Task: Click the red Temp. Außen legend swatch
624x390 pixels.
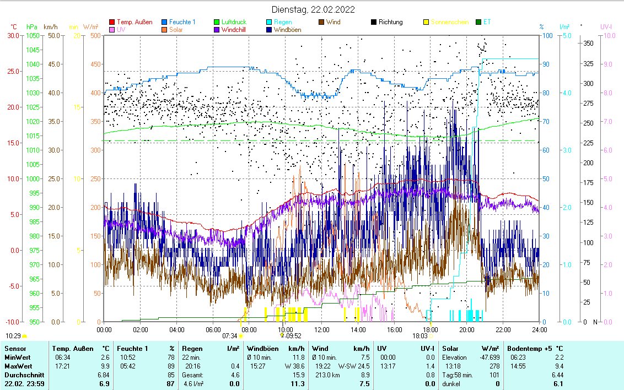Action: pyautogui.click(x=112, y=22)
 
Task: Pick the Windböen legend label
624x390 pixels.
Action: pyautogui.click(x=287, y=30)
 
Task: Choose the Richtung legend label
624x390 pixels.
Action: pyautogui.click(x=390, y=22)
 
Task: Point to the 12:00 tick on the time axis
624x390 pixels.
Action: pyautogui.click(x=321, y=329)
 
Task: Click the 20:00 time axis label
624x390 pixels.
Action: pyautogui.click(x=466, y=329)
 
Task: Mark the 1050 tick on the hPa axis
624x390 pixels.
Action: pyautogui.click(x=33, y=35)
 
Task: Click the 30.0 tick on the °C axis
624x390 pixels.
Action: pyautogui.click(x=12, y=35)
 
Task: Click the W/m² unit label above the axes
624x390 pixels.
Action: pyautogui.click(x=91, y=26)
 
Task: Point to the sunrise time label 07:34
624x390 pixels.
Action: pyautogui.click(x=229, y=335)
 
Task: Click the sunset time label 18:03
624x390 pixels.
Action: pyautogui.click(x=419, y=335)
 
